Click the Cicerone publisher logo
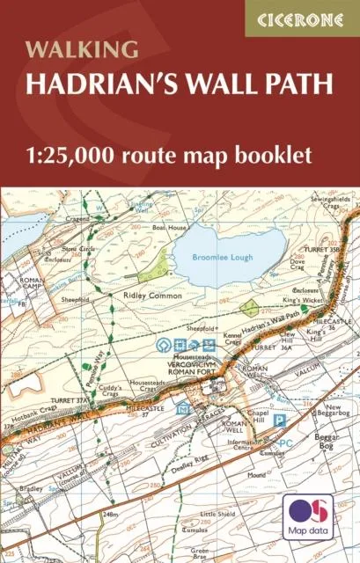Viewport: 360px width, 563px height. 301,18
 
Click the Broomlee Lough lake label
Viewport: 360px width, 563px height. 224,257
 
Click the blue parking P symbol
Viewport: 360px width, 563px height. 280,420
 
